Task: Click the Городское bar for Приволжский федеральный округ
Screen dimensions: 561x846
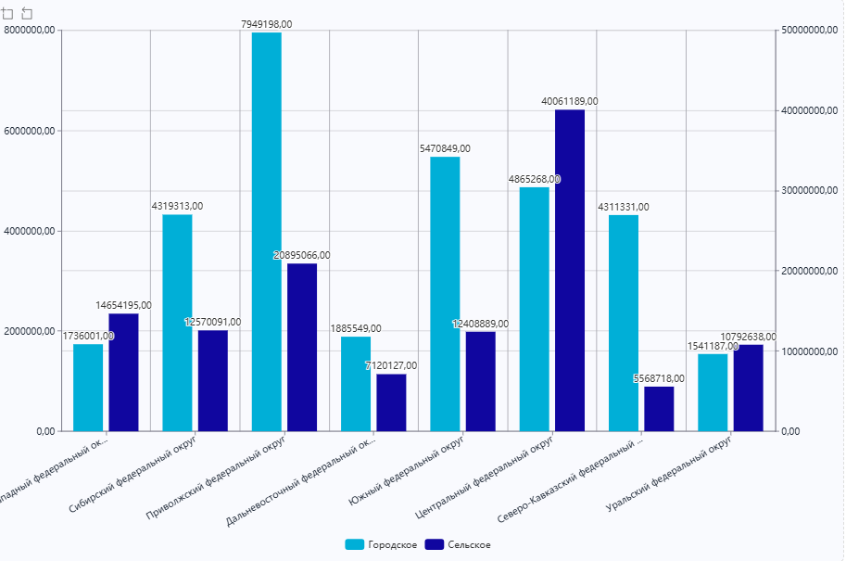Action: pyautogui.click(x=267, y=232)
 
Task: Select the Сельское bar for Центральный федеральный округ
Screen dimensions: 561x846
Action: pyautogui.click(x=570, y=270)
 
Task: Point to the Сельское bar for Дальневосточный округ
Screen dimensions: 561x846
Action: pyautogui.click(x=391, y=402)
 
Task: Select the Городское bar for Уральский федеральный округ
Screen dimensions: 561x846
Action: pyautogui.click(x=713, y=392)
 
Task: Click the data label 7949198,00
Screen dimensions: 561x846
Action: pyautogui.click(x=267, y=24)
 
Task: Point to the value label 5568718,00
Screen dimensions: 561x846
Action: pyautogui.click(x=659, y=378)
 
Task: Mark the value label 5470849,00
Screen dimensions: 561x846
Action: pyautogui.click(x=445, y=148)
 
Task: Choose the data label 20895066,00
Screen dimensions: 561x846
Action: pyautogui.click(x=302, y=255)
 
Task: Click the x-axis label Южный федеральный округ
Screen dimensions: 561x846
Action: pyautogui.click(x=408, y=469)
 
